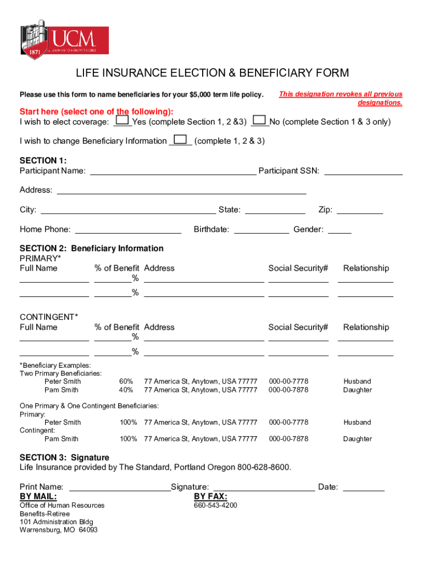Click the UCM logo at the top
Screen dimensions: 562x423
click(x=64, y=40)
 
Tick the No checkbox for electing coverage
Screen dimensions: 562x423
click(x=260, y=120)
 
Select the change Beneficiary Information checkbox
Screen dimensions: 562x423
click(x=180, y=139)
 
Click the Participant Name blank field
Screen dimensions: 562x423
click(x=172, y=171)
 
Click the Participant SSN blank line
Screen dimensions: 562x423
click(x=363, y=171)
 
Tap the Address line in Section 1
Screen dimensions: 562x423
click(x=181, y=190)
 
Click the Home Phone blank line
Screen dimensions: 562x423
click(x=128, y=229)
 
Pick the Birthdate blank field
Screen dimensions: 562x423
click(x=261, y=229)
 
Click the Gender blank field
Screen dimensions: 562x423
click(x=339, y=229)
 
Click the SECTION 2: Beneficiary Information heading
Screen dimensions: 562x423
click(x=92, y=249)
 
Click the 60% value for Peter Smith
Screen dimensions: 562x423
click(x=126, y=381)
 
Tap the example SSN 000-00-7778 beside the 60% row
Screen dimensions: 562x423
click(x=288, y=381)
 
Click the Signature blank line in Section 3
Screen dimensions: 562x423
click(x=264, y=487)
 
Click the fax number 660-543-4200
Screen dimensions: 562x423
click(x=215, y=505)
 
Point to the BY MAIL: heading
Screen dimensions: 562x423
click(x=38, y=497)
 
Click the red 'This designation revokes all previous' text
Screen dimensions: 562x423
click(x=341, y=94)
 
